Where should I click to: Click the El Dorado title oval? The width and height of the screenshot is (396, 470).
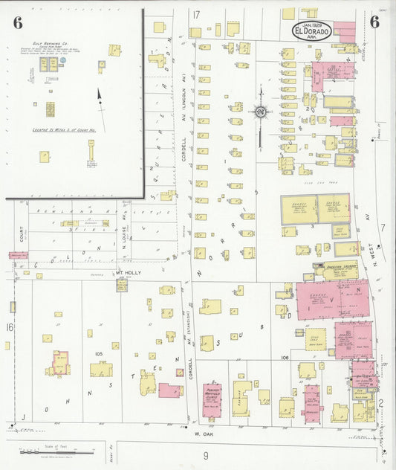311,30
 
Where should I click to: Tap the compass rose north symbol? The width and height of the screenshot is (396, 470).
261,112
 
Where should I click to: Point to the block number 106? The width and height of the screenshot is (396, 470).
283,357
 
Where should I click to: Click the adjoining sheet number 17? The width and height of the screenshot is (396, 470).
196,15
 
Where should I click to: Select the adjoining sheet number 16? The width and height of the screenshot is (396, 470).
10,327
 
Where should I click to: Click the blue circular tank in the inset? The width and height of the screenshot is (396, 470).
65,65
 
